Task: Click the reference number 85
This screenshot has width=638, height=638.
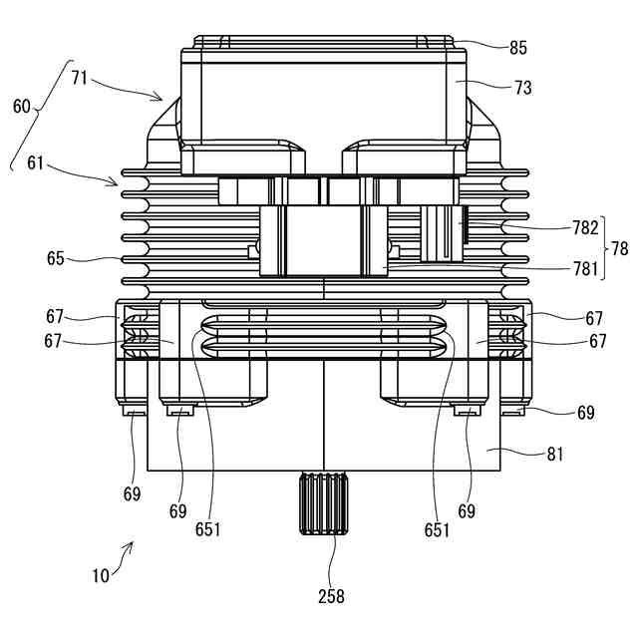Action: click(x=518, y=48)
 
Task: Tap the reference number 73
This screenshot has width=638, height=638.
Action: click(x=522, y=88)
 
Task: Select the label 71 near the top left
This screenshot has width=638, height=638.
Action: click(x=80, y=78)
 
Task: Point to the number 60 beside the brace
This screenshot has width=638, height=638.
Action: click(x=22, y=107)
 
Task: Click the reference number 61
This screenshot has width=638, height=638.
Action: click(x=36, y=163)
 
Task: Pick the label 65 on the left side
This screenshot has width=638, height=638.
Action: click(x=56, y=258)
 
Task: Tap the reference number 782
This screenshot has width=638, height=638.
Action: click(x=585, y=228)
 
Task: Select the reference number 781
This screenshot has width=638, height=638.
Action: click(x=585, y=269)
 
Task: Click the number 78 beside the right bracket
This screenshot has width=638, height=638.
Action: click(x=620, y=248)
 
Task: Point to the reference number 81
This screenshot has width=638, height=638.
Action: click(x=555, y=455)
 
